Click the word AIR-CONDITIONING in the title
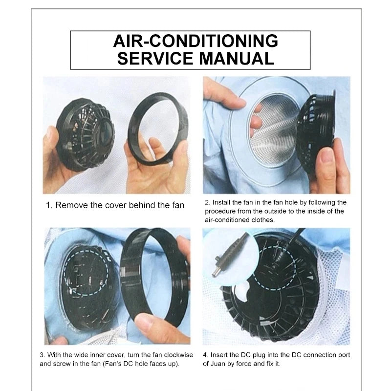point(195,41)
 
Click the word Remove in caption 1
point(71,205)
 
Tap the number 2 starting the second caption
point(207,202)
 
